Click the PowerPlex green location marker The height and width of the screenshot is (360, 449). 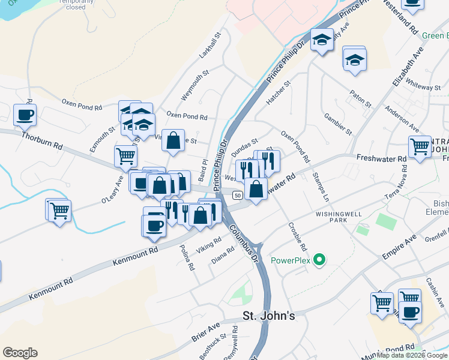pos(319,260)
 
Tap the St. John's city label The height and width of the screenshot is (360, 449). pos(268,316)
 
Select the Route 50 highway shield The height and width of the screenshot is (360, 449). pos(238,196)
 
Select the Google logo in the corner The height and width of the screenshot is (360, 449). pos(20,353)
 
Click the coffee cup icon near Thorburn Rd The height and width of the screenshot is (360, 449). pos(25,115)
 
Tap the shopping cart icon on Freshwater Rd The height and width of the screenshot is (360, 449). pos(420,146)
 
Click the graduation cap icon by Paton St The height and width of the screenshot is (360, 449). pos(355,60)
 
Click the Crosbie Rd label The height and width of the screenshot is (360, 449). pos(297,238)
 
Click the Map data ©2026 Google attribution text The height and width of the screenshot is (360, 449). pos(412,355)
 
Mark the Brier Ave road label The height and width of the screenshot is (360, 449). pos(206,333)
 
